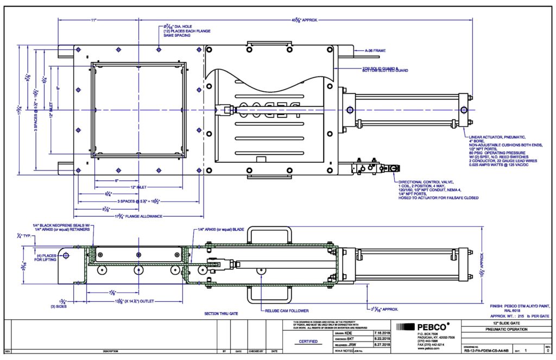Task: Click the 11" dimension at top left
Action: click(x=93, y=20)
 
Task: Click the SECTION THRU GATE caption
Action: click(x=221, y=314)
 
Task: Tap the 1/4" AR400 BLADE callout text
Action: click(x=220, y=230)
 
